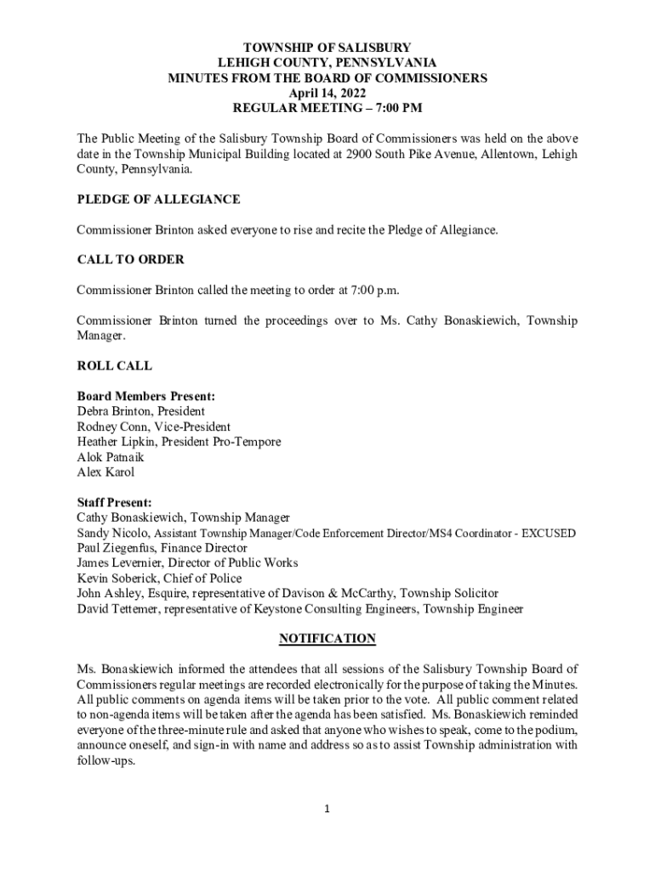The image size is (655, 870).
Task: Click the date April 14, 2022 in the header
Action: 327,93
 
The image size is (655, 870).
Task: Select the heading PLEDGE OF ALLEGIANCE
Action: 158,200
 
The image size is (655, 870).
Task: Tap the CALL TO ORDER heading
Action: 130,259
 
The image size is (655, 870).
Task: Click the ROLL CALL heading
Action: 115,366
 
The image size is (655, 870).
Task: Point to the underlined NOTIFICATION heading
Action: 327,638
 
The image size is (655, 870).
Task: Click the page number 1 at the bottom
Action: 327,808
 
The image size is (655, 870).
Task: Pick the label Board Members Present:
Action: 145,396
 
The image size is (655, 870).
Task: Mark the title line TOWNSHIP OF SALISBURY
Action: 327,48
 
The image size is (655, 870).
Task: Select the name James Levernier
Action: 119,563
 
